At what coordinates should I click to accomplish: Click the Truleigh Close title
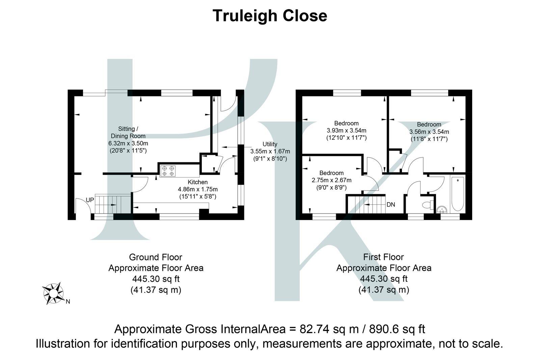[270, 16]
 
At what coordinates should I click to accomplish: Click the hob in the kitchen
[168, 171]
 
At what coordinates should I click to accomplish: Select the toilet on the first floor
[428, 205]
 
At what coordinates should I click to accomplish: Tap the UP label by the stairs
[90, 200]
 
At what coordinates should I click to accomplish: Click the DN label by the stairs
[391, 204]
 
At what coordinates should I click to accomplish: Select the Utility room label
[270, 144]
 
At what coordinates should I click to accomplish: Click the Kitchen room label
[198, 182]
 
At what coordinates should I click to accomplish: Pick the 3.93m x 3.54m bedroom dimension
[346, 131]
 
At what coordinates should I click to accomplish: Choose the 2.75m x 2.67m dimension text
[331, 180]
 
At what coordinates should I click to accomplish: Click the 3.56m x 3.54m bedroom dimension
[429, 132]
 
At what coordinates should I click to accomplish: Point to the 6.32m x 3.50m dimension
[128, 143]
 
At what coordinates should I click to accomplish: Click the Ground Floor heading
[156, 257]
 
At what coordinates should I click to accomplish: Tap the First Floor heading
[383, 257]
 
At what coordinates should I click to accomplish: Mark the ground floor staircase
[112, 204]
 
